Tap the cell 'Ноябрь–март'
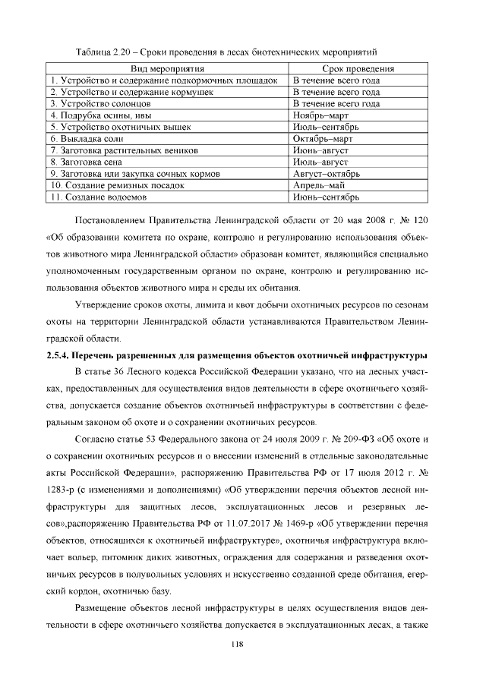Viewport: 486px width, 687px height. point(320,115)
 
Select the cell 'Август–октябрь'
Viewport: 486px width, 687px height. point(327,174)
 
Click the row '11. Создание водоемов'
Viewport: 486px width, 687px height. point(98,197)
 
